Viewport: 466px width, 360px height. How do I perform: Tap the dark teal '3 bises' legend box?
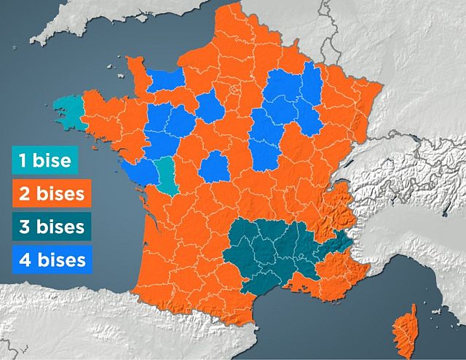52,226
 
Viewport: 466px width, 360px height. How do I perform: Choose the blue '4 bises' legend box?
52,258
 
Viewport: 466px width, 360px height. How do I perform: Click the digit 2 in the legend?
25,194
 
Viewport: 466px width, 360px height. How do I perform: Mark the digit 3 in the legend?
25,226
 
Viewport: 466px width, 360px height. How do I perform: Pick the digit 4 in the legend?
25,258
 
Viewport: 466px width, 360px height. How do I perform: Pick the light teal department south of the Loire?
167,176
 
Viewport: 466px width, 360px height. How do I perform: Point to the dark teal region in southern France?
277,248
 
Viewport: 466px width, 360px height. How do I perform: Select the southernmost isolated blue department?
214,166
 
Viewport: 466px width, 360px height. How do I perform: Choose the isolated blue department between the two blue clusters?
210,107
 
